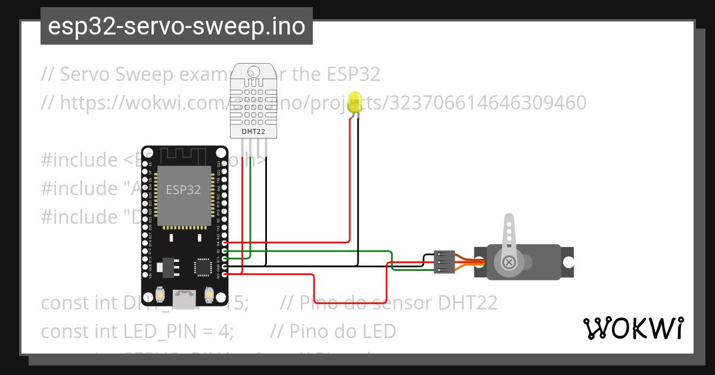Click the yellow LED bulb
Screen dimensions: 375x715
(x=356, y=102)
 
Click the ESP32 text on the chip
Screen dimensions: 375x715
(x=183, y=190)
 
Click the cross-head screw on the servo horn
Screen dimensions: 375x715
(x=509, y=262)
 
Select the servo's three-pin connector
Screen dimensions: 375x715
(x=444, y=262)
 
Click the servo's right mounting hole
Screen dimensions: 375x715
(x=568, y=262)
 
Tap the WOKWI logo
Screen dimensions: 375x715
(x=633, y=328)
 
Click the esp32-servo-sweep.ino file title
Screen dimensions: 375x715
(x=176, y=27)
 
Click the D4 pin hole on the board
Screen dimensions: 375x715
(x=224, y=243)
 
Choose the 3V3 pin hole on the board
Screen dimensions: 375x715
(x=224, y=274)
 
